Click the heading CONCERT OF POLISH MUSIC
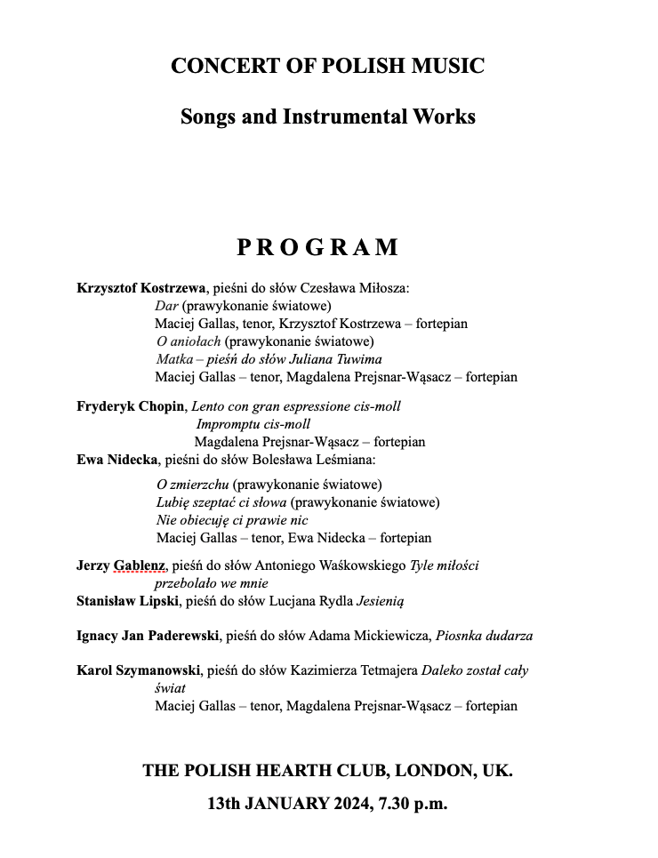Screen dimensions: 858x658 pos(327,66)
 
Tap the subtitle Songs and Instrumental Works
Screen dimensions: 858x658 pos(327,116)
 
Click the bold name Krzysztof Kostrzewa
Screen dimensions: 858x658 pos(141,288)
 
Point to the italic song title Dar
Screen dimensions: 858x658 pos(166,306)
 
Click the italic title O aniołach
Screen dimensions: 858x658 pos(189,341)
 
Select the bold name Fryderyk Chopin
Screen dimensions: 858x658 pos(131,406)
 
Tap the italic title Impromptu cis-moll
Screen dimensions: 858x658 pos(253,424)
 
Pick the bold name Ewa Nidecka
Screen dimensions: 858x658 pos(116,460)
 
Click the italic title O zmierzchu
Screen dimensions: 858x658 pos(193,485)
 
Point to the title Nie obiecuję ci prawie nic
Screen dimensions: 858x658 pos(231,520)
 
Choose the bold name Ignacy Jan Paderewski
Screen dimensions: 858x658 pos(149,636)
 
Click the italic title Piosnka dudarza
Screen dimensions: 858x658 pos(484,636)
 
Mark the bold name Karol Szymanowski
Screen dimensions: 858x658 pos(139,670)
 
